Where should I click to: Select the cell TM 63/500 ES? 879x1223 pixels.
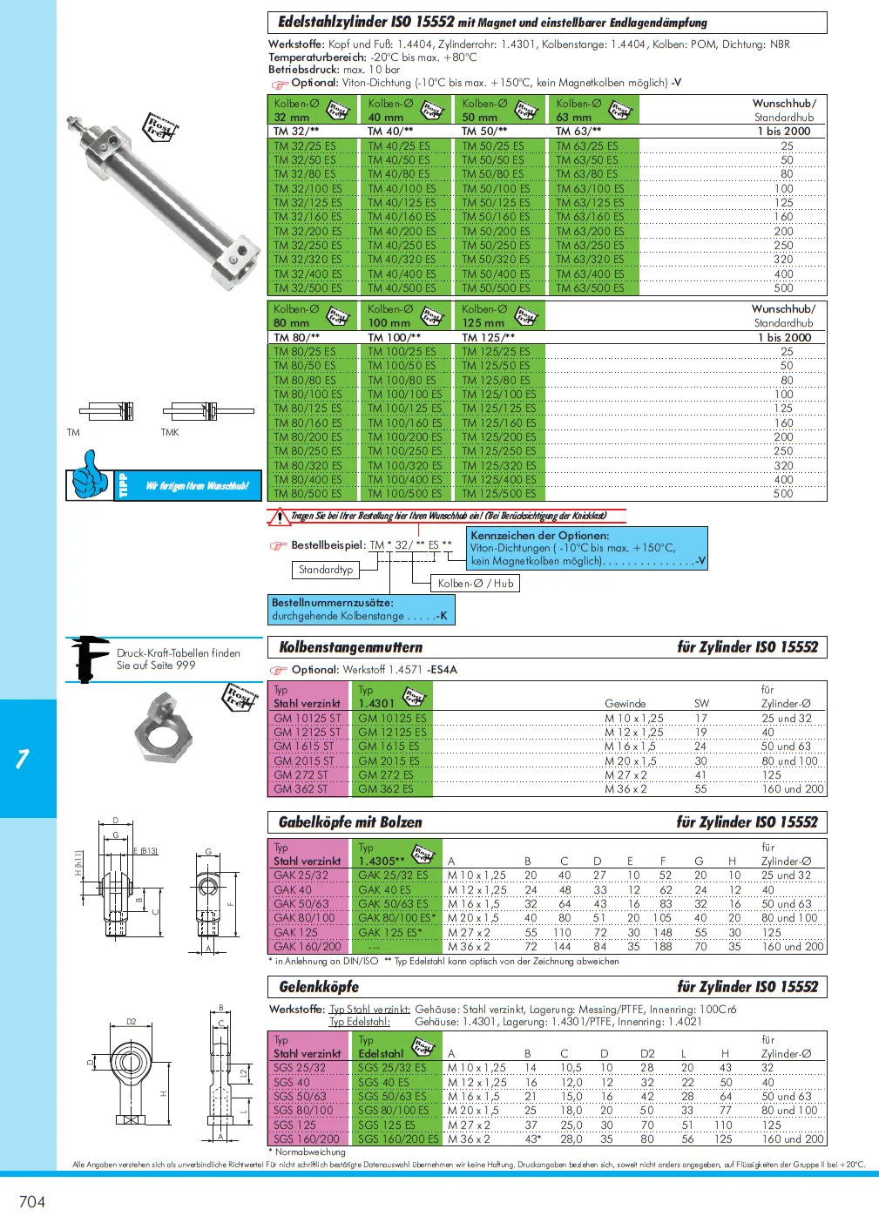(590, 288)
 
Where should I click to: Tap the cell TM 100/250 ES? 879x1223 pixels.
(404, 451)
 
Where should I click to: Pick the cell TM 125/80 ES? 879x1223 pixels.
(496, 380)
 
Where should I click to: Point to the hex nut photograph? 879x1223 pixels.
(163, 731)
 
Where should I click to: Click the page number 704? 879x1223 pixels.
(32, 1202)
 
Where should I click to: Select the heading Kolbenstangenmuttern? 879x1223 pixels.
(350, 647)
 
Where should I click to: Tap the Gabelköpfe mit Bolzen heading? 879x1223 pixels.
(350, 822)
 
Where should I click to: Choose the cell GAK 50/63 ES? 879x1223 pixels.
(393, 904)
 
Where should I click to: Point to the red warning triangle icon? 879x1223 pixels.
(279, 517)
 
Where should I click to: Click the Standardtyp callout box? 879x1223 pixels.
(326, 570)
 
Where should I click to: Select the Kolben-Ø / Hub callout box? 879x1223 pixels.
(476, 584)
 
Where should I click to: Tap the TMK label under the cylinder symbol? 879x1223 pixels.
(170, 433)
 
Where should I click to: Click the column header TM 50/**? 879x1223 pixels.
(484, 132)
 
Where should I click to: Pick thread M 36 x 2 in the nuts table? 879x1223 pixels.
(625, 789)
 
